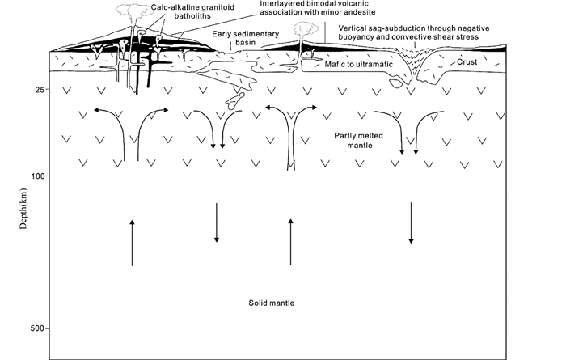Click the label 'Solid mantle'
[x=272, y=303]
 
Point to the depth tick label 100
[x=36, y=175]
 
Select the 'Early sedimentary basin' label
[x=246, y=40]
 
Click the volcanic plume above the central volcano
[x=306, y=29]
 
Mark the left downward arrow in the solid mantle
[x=217, y=222]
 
